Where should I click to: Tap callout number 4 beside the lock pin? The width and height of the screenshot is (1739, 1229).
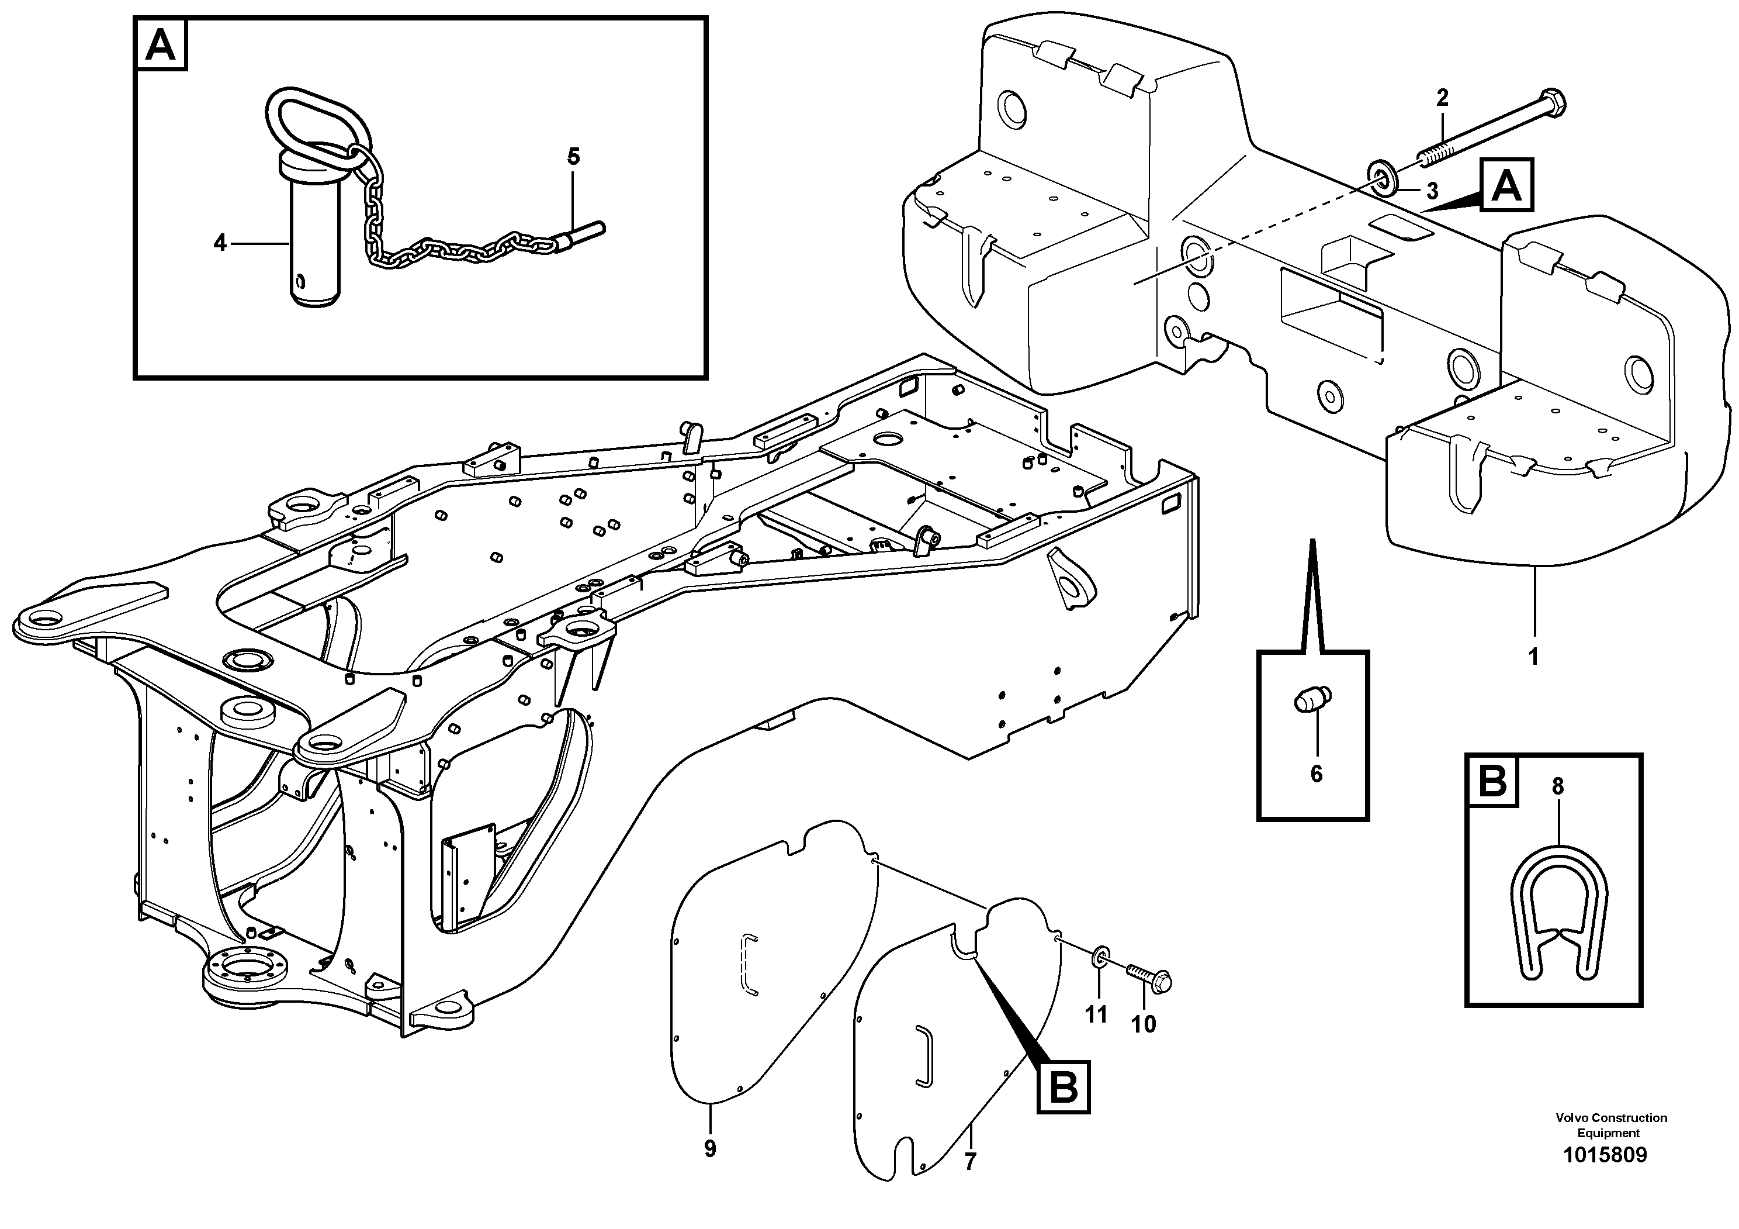tap(220, 243)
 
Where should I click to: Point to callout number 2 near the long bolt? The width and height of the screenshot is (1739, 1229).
tap(1442, 97)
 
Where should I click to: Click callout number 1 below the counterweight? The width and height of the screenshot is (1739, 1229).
tap(1534, 656)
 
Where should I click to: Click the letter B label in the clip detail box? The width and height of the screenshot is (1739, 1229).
tap(1494, 781)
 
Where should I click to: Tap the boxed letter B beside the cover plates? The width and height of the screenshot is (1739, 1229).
tap(1064, 1088)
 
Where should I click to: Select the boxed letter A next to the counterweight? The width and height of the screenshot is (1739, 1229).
tap(1506, 185)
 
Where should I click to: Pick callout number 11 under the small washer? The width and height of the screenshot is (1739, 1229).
tap(1096, 1014)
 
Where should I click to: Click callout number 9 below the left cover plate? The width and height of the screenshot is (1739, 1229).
tap(710, 1149)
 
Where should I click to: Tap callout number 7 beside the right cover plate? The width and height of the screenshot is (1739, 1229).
tap(970, 1160)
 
